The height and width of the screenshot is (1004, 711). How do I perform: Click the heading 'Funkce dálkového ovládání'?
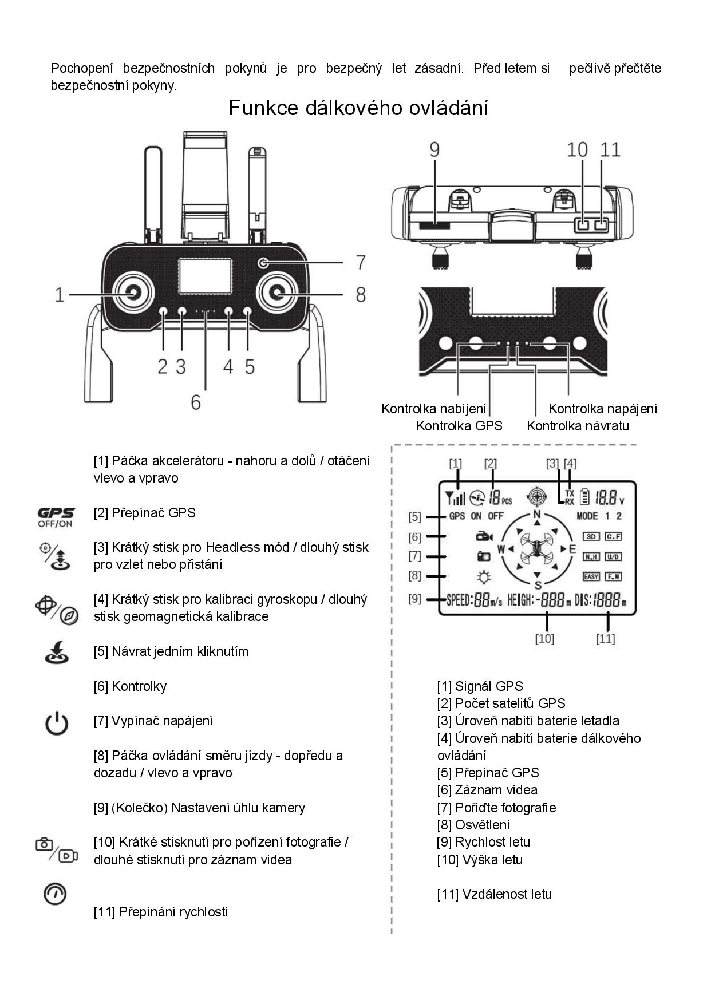pos(358,108)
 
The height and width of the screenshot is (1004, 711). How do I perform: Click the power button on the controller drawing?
pos(263,263)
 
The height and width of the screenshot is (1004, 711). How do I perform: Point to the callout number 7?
pos(360,262)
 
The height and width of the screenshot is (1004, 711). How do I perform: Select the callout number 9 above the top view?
pos(434,149)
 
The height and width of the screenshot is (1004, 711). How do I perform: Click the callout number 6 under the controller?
pos(196,402)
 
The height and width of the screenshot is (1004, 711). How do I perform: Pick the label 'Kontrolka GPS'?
pos(459,426)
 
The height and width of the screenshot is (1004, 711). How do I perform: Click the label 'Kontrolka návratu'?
pos(578,426)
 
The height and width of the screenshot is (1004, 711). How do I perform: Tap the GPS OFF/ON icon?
pos(56,517)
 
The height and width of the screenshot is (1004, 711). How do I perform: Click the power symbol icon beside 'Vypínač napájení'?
pos(57,724)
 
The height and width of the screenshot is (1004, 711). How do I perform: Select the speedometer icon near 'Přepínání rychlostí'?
pos(55,894)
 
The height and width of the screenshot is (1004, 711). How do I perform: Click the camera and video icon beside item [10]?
pos(56,850)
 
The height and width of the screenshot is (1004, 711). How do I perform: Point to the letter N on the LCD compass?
pos(537,514)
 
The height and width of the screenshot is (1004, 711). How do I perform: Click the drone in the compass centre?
pos(537,548)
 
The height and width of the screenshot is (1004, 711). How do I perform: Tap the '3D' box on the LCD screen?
pos(591,536)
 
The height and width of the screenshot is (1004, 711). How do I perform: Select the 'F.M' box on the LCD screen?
pos(613,576)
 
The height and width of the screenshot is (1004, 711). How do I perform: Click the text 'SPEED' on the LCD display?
pos(459,600)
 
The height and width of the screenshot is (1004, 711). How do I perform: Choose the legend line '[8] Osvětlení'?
pos(473,825)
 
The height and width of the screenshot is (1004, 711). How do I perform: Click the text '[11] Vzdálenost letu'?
pos(494,894)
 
